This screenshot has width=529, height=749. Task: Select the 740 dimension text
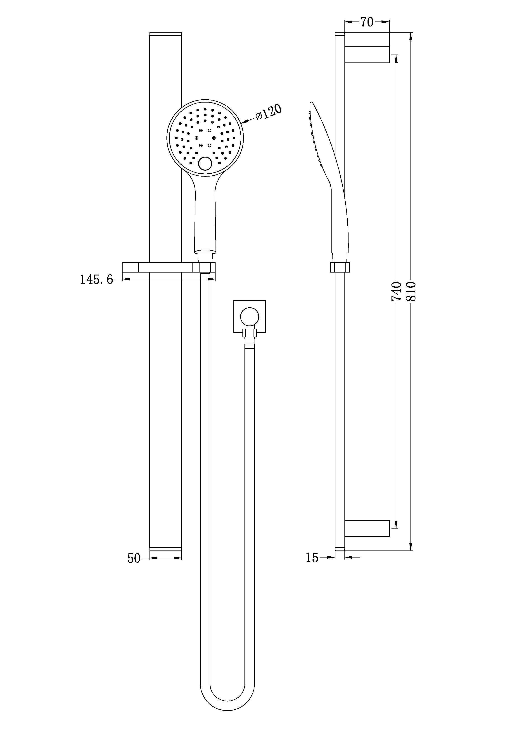tap(396, 291)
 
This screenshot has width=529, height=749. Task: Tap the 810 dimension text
tap(411, 291)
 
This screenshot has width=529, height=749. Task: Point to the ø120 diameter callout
tap(268, 112)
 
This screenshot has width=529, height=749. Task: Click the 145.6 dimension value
tap(97, 280)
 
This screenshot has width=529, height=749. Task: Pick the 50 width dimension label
tap(134, 558)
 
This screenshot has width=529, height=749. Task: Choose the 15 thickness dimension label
tap(312, 558)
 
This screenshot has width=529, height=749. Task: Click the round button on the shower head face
tap(205, 163)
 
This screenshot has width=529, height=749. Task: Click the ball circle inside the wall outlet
tap(250, 316)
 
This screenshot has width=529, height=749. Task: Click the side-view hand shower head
tap(321, 140)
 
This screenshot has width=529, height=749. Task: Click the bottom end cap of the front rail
tap(165, 549)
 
